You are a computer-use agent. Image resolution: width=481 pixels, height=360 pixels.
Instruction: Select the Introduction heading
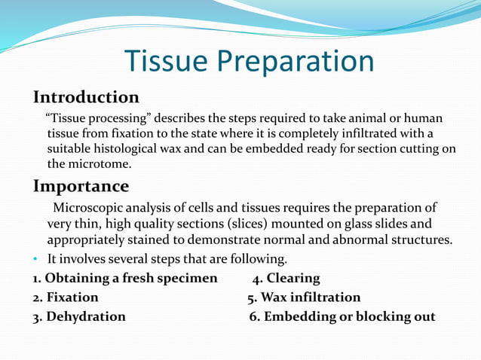[86, 98]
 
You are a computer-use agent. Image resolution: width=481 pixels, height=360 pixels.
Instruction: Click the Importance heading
[81, 186]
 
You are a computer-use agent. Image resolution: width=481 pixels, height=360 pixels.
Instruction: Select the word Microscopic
[89, 208]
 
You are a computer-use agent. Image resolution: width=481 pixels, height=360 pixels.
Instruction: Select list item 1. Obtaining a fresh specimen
[124, 279]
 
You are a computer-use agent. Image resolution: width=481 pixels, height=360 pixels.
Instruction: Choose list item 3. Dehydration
[79, 316]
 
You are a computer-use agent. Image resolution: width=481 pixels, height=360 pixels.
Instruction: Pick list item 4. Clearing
[286, 279]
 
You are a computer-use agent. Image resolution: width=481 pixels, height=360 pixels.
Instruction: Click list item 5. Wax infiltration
[304, 297]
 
